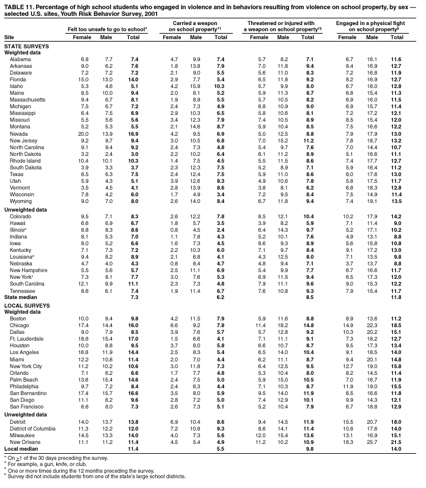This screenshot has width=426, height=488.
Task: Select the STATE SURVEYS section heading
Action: [27, 46]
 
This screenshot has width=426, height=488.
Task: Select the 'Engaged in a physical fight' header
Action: [372, 26]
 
